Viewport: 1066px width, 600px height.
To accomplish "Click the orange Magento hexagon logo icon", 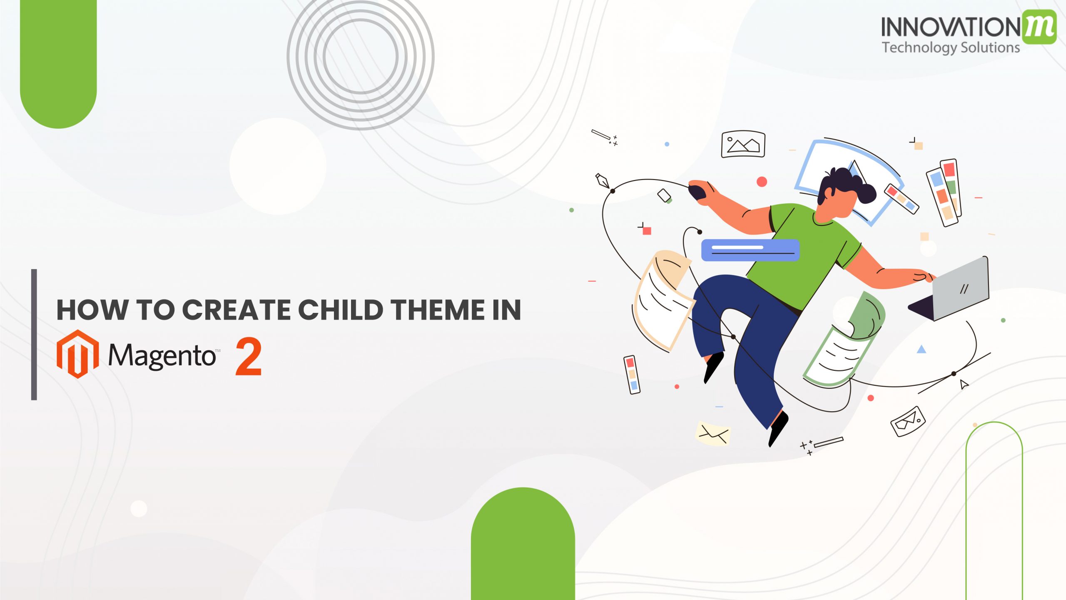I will point(77,354).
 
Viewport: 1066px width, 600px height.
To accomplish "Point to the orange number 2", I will point(249,357).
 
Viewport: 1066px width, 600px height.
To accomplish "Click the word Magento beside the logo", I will point(162,356).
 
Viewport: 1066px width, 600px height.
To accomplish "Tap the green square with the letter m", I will point(1039,27).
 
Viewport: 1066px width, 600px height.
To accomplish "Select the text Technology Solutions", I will point(951,47).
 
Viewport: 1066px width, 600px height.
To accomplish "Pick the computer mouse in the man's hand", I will point(697,192).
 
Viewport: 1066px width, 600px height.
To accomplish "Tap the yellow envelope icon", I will point(713,433).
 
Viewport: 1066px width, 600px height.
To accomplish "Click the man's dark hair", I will point(849,183).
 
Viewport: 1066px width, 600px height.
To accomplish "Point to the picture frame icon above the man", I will point(743,145).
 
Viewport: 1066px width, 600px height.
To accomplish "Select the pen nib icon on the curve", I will point(602,181).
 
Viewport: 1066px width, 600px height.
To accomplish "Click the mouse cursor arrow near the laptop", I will point(964,384).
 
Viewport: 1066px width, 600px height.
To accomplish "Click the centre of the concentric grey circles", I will point(361,56).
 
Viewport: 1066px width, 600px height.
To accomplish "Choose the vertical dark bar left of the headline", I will point(34,335).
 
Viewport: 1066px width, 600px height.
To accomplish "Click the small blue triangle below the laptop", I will point(922,349).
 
